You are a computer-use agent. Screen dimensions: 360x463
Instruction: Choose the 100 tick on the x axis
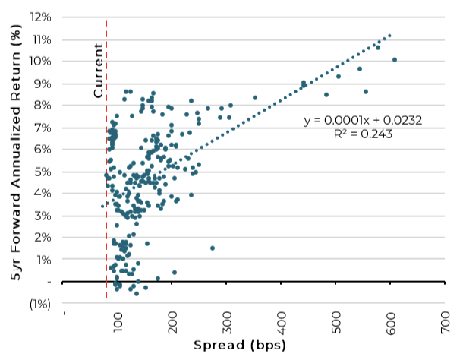[x=118, y=325]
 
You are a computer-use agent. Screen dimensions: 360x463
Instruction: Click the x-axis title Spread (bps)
[x=239, y=346]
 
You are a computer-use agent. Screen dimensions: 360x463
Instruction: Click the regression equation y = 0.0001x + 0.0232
[x=362, y=120]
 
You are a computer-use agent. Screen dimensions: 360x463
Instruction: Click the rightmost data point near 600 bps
[x=395, y=59]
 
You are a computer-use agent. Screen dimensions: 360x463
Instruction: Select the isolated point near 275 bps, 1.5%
[x=213, y=248]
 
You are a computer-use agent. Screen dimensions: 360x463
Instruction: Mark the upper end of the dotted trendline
[x=390, y=35]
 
